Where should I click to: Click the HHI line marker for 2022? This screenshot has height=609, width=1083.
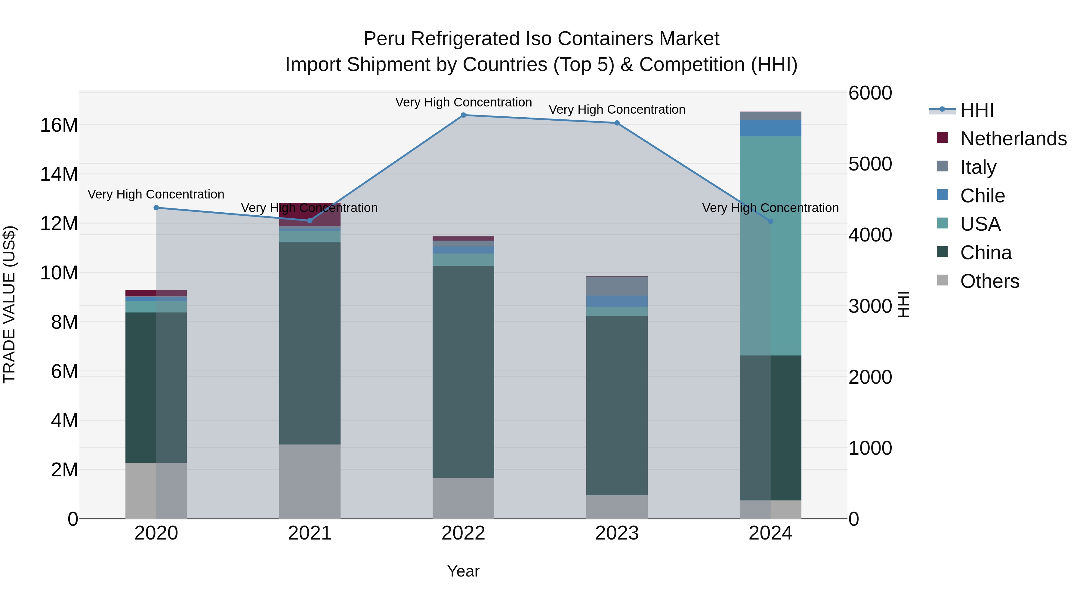coord(463,115)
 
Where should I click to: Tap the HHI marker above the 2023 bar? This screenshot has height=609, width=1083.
coord(617,123)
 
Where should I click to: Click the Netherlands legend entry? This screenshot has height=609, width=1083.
coord(1013,139)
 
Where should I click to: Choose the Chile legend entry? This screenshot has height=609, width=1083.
coord(982,196)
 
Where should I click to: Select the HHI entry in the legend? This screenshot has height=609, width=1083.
coord(976,110)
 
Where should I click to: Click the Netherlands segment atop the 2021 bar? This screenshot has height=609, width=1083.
coord(310,214)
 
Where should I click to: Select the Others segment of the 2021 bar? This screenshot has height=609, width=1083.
coord(310,481)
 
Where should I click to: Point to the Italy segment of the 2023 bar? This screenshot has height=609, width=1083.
coord(617,286)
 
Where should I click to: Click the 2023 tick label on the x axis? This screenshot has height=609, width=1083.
coord(617,533)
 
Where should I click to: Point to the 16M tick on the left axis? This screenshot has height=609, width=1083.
coord(59,125)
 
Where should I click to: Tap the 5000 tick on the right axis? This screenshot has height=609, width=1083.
coord(870,164)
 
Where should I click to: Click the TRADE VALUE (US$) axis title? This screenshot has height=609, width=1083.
coord(9,304)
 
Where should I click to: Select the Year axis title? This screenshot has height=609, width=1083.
coord(463,571)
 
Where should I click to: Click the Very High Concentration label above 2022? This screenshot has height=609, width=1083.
coord(463,102)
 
